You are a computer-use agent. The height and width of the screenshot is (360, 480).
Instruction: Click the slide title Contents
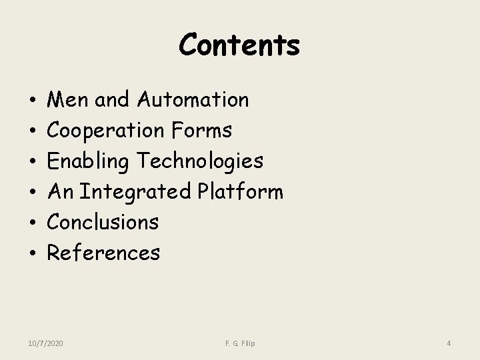tap(239, 45)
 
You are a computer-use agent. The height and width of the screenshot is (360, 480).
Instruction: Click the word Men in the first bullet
tap(69, 100)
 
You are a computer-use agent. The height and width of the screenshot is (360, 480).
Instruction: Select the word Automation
tap(193, 100)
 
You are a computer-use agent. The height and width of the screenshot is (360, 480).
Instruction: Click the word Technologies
tap(201, 161)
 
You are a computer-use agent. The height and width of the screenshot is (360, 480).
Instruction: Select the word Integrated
tap(135, 192)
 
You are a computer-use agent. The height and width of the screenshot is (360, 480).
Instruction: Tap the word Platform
tap(241, 192)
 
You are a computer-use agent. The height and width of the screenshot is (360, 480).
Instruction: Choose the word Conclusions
tap(103, 222)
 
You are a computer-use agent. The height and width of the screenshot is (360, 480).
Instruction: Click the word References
tap(104, 253)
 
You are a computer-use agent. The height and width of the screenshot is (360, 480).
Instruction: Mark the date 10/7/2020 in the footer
tap(46, 343)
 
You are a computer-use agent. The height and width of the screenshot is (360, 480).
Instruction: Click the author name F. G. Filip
tap(239, 343)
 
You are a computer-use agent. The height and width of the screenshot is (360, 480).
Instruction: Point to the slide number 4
tap(449, 343)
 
